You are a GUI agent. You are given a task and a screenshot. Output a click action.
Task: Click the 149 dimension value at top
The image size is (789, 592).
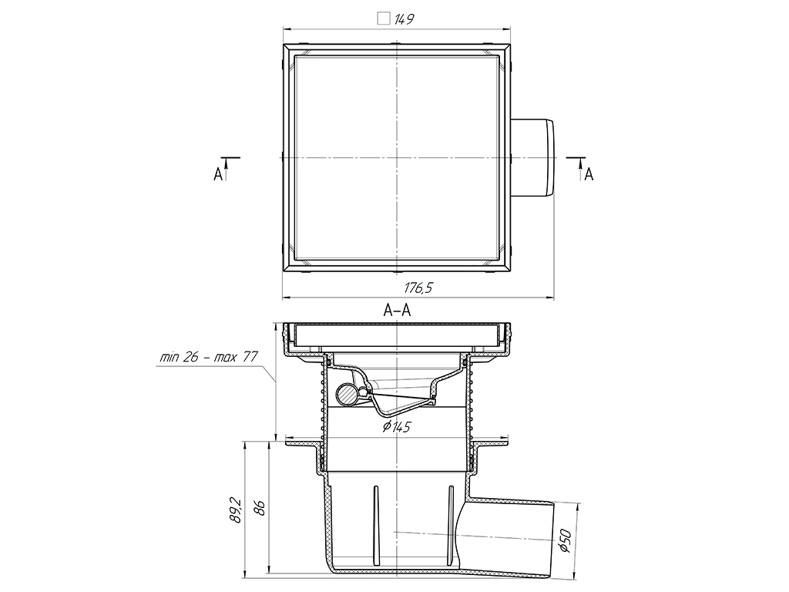404,19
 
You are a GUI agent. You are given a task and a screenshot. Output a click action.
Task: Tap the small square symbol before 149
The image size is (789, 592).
384,19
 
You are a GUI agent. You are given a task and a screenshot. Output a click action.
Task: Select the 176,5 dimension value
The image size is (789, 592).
418,288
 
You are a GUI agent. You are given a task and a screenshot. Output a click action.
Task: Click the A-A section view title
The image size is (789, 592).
397,311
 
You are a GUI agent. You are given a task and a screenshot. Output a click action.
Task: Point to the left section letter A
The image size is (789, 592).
218,174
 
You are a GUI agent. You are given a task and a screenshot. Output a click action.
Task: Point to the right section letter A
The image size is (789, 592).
589,174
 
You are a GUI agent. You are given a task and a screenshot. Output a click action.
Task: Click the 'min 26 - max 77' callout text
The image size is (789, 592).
208,358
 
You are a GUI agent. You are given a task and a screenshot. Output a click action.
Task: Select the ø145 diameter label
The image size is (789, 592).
397,427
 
